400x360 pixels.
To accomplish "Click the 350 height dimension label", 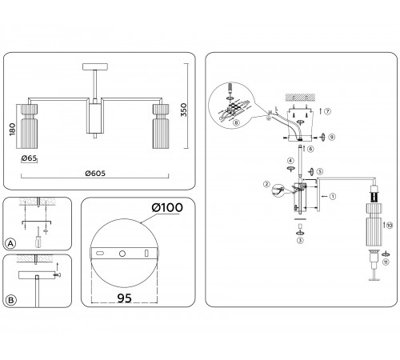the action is coord(184,110).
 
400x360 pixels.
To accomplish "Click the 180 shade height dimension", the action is coord(12,130).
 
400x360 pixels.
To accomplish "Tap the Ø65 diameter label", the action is coord(29,158).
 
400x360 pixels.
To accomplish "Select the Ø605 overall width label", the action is coord(95,174).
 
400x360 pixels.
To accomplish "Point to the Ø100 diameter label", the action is coord(167,207).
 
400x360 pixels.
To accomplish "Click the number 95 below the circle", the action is coord(124,298).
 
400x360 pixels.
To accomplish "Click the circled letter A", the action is coord(10,243).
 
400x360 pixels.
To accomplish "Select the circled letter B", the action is coord(11,300).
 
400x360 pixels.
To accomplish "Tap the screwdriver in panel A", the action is coord(38,238).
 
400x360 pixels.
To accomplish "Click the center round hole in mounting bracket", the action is coord(122,254).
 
